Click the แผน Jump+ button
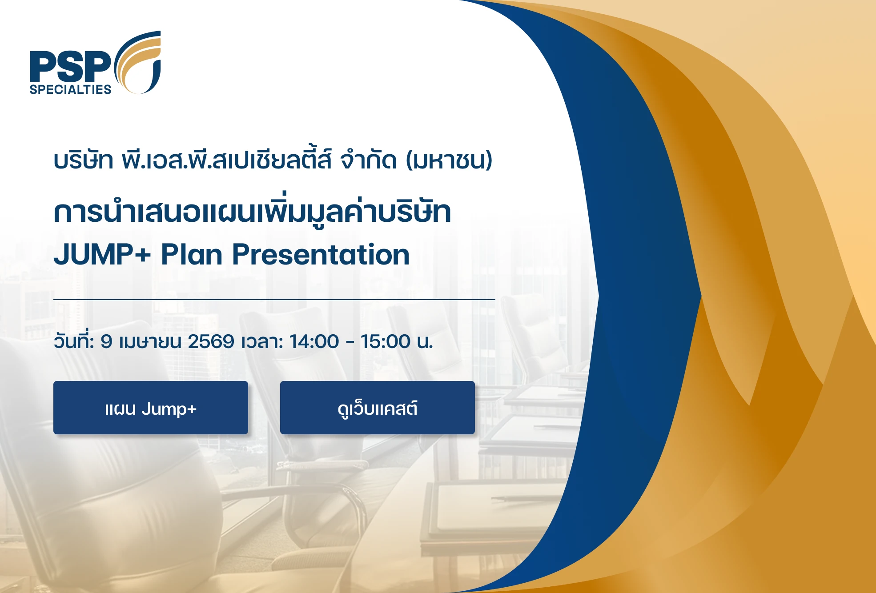(x=151, y=408)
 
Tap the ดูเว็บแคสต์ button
(x=378, y=408)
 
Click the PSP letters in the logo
(x=70, y=66)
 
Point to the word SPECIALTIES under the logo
(x=70, y=89)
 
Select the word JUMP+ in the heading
(x=102, y=255)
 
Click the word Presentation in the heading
(x=321, y=255)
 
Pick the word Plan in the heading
(x=191, y=255)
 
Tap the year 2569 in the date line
(x=211, y=341)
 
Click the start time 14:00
(x=314, y=341)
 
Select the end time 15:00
(x=386, y=341)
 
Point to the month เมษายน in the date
(x=150, y=341)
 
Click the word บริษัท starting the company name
(x=83, y=160)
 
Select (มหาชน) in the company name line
(x=449, y=160)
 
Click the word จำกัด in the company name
(x=368, y=160)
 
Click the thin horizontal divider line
(x=274, y=300)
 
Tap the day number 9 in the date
(x=106, y=341)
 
